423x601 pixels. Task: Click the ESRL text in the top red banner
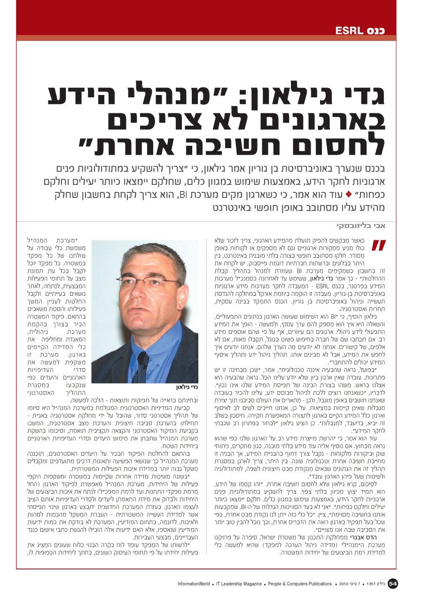(x=348, y=32)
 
